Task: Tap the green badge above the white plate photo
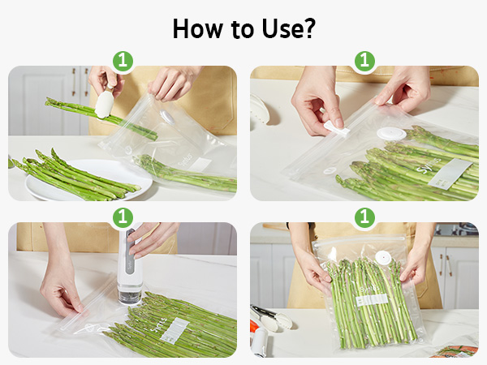coord(122,61)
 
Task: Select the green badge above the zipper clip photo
coord(364,61)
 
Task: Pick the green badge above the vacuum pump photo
coord(122,217)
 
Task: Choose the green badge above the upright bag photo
coord(364,217)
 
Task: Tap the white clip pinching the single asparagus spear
coord(105,105)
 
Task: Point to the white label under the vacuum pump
coord(174,328)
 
